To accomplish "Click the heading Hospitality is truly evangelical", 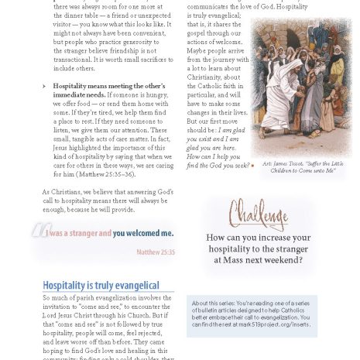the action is pyautogui.click(x=101, y=286).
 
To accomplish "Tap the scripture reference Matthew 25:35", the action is pyautogui.click(x=155, y=252).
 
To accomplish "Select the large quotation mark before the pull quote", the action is pyautogui.click(x=40, y=231).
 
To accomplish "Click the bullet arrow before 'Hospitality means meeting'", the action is pyautogui.click(x=44, y=86).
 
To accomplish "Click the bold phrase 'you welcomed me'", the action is pyautogui.click(x=143, y=232).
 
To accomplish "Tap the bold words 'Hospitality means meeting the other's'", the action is pyautogui.click(x=109, y=86).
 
